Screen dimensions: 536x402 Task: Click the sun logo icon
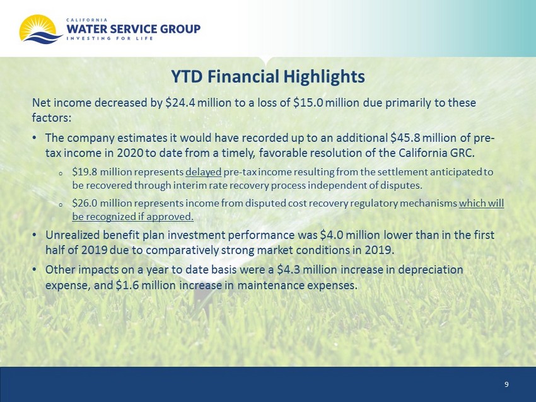[40, 29]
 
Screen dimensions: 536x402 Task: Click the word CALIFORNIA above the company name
[87, 20]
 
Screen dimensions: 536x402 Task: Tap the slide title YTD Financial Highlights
[267, 76]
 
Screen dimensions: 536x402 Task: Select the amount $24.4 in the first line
[180, 103]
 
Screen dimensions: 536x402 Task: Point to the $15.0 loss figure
[308, 103]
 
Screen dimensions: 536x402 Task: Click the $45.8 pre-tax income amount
[405, 137]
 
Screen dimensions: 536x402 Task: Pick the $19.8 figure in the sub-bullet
[84, 171]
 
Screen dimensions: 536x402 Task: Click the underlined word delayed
[204, 172]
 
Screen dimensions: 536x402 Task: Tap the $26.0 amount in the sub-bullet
[84, 204]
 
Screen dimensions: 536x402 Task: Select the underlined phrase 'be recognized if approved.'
[132, 217]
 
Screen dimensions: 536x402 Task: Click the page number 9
[506, 384]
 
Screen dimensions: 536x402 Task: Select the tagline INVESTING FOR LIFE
[110, 38]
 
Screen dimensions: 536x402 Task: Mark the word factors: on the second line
[52, 118]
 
